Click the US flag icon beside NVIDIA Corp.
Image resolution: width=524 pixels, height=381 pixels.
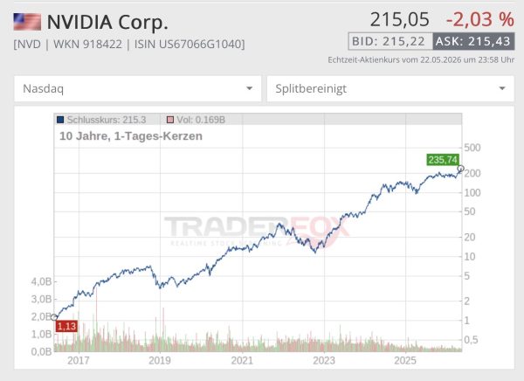[27, 22]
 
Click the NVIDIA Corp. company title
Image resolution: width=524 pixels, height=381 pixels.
[107, 22]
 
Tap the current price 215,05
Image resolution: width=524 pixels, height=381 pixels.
[399, 19]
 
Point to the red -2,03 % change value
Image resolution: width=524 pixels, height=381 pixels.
[479, 19]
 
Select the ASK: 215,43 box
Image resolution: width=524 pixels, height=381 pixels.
[473, 41]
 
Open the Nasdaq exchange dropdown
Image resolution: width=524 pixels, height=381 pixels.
[137, 88]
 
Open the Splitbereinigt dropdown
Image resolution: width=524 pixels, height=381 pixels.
[390, 88]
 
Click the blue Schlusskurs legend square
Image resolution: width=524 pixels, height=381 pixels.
[60, 120]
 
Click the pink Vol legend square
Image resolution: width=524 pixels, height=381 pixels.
[170, 120]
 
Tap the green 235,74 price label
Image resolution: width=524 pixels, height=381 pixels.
[443, 160]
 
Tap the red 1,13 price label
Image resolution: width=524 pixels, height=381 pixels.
[66, 326]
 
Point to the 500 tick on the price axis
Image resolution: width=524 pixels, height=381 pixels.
[472, 148]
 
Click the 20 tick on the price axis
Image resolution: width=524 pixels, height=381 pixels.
[470, 237]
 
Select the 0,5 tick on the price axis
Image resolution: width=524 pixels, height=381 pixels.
[472, 340]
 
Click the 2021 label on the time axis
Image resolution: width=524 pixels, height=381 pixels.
[242, 361]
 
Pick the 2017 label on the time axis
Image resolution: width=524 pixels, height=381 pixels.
[79, 361]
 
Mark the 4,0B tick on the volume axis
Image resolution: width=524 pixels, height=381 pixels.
[41, 281]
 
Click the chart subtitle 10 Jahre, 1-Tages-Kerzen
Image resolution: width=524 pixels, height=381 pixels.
[131, 136]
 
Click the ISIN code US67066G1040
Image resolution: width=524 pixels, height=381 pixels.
[189, 44]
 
